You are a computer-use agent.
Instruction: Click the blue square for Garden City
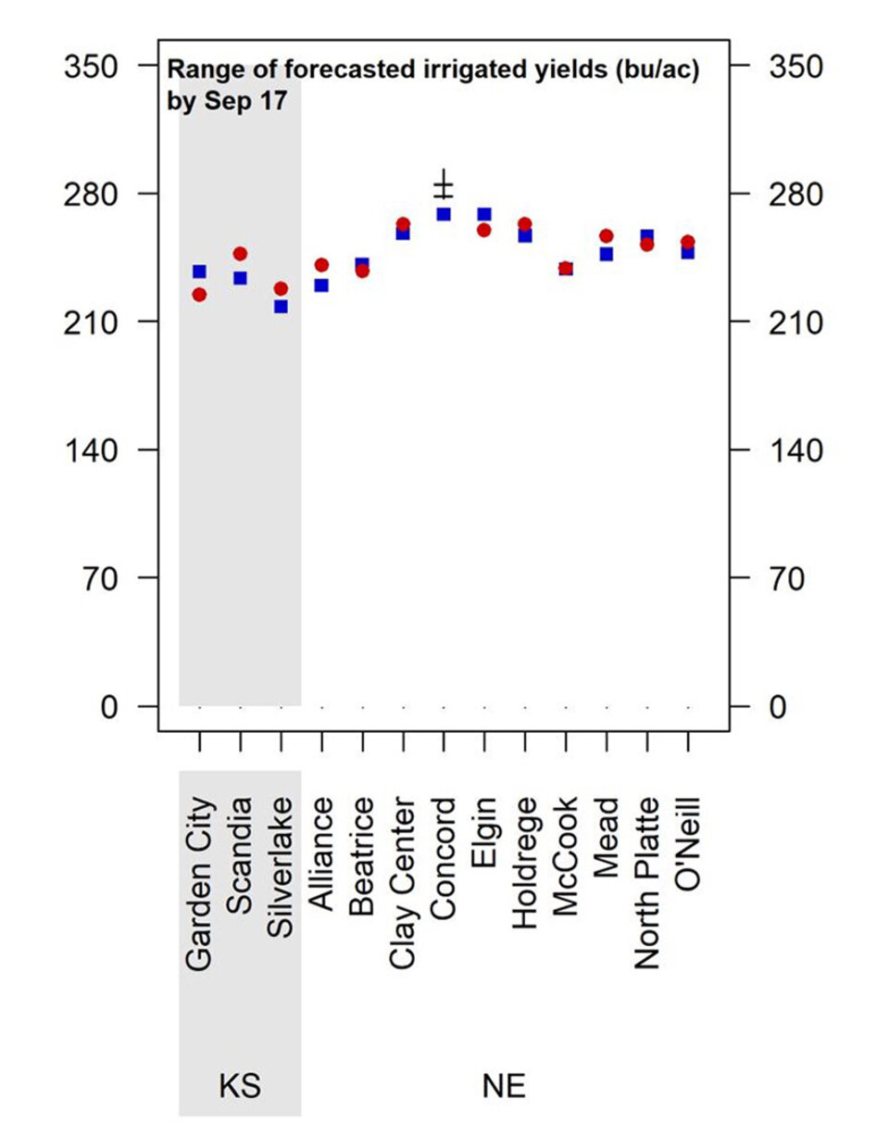point(199,272)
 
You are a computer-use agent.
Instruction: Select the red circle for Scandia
point(240,253)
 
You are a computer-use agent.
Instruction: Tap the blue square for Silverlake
point(281,306)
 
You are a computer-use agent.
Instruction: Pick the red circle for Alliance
point(321,265)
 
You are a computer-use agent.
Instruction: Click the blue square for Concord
point(444,214)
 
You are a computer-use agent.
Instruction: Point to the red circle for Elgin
point(484,230)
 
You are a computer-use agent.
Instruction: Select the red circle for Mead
point(607,236)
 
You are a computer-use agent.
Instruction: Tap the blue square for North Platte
point(647,235)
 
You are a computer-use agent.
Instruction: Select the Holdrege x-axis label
point(525,861)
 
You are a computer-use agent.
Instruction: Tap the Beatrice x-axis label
point(362,857)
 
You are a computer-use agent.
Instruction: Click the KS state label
point(239,1085)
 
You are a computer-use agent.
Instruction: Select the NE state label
point(504,1085)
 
